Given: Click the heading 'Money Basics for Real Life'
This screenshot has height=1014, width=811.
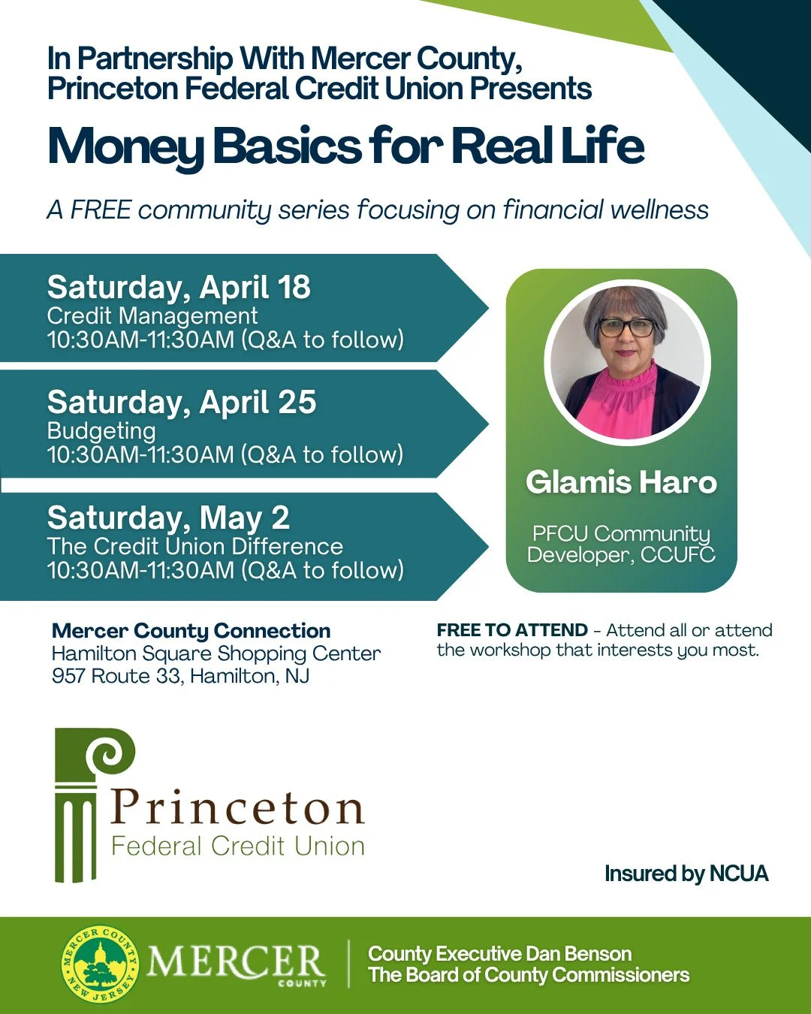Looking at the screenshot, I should coord(345,146).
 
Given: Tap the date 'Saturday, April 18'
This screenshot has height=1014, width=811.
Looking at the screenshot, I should coord(179,288).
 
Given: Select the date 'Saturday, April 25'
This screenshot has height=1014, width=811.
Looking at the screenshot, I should coord(182,403).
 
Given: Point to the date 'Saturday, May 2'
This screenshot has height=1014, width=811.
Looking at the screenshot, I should coord(168,518).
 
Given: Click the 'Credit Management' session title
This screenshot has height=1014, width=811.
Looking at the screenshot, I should coord(152,316).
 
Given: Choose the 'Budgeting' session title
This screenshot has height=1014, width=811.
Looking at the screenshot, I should coord(101,431).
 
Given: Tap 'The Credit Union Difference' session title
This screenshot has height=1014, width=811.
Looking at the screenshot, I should coord(195,546).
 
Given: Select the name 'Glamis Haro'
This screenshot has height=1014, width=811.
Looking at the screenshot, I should coord(621,482).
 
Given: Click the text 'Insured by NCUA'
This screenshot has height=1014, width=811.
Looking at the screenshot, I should coord(686,874).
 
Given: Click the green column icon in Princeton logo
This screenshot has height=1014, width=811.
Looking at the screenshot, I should coord(83,804).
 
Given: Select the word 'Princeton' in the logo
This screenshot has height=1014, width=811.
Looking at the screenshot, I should coord(237,807).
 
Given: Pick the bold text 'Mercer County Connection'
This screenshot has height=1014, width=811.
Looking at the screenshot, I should coord(191,631).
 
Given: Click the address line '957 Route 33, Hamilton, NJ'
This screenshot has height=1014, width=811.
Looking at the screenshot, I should coord(180,676).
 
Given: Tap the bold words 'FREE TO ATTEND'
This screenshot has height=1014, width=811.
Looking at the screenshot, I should coord(512,630).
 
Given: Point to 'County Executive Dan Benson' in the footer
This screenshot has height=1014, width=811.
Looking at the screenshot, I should coord(499,954).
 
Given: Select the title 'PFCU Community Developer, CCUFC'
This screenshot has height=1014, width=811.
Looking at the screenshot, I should coord(621,544).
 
